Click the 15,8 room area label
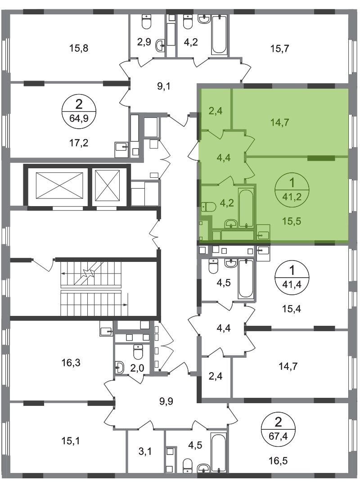(x=79, y=48)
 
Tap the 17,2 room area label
(x=79, y=143)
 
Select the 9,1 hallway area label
(x=164, y=86)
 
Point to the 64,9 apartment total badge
(x=79, y=111)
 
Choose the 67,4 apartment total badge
(x=279, y=430)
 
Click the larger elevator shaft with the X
(x=59, y=185)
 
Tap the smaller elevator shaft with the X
(x=107, y=185)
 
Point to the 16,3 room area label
(x=71, y=362)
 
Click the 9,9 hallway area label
(x=166, y=401)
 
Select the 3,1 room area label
(x=145, y=451)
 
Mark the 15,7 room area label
(x=280, y=48)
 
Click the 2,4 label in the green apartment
(x=215, y=111)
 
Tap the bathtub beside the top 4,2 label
(x=220, y=35)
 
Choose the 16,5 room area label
(x=278, y=461)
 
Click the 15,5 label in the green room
(x=292, y=221)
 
